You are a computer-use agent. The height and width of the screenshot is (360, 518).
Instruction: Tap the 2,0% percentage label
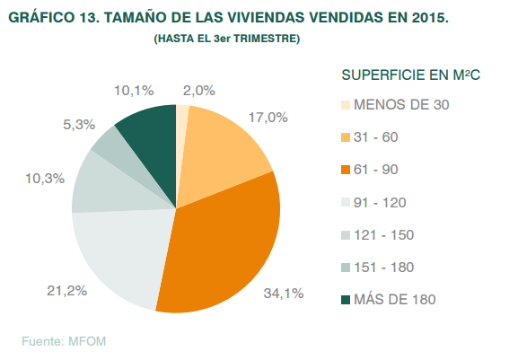click(x=198, y=90)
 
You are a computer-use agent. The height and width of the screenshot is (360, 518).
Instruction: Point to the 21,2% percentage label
click(x=42, y=289)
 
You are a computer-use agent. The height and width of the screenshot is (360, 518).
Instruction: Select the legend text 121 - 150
click(x=384, y=234)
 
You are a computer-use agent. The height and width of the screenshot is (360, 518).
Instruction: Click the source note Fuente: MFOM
click(x=68, y=340)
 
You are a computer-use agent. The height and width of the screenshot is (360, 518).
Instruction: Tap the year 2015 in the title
click(x=427, y=18)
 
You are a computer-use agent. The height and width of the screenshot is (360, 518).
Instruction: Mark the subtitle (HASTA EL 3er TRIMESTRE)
click(x=226, y=40)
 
